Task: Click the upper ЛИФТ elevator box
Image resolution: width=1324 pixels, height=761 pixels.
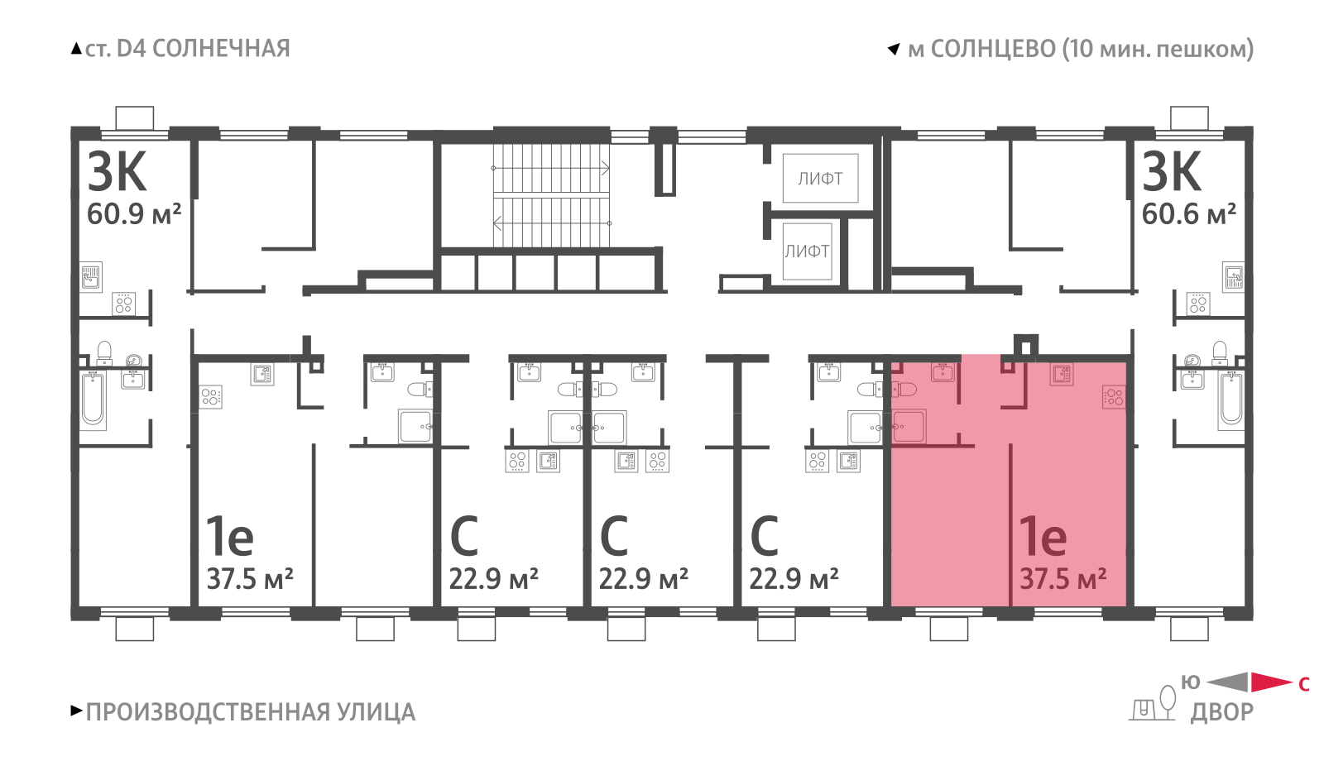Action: coord(820,178)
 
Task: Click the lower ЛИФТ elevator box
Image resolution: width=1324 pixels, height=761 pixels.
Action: coord(807,251)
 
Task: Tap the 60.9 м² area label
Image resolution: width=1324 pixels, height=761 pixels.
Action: coord(133,213)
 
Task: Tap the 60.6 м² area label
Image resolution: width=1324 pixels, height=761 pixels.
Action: coord(1188,213)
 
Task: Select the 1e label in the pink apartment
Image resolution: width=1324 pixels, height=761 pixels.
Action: coord(1043,536)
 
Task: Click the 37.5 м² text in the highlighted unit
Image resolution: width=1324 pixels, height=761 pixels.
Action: coord(1063,578)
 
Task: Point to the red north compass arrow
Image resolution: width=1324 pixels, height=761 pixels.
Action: coord(1271,682)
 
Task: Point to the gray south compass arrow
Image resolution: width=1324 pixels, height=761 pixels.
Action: coord(1228,682)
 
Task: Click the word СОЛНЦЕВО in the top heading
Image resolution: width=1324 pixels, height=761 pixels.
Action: coord(993,49)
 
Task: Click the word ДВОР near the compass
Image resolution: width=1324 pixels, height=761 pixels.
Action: coord(1221,712)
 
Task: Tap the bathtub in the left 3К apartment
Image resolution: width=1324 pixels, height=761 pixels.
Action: coord(93,400)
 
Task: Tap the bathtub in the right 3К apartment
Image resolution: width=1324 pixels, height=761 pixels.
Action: coord(1231,400)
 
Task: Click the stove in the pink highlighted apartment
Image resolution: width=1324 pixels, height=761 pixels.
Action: coord(1114,397)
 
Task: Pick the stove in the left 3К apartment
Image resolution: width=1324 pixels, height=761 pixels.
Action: coord(123,304)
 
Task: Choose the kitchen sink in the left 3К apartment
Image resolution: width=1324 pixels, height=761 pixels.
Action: coord(90,276)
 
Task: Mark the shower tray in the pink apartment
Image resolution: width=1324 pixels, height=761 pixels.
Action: coord(909,426)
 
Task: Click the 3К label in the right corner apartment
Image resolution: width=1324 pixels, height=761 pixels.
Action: coord(1171,172)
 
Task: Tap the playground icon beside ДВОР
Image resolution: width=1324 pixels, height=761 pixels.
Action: coord(1154,703)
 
